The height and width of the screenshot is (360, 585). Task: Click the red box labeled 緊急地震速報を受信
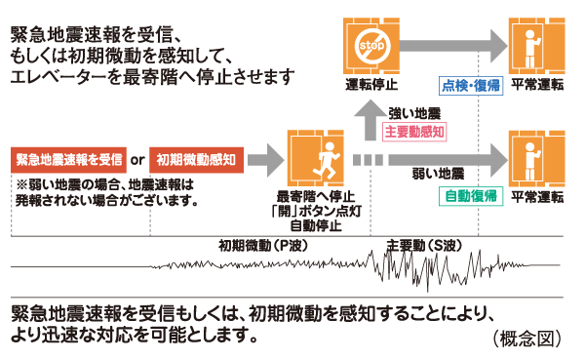tap(68, 158)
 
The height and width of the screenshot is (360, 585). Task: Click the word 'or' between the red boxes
tap(137, 158)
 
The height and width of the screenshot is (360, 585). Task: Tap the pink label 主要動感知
tap(414, 130)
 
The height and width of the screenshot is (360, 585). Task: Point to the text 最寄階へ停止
tap(316, 195)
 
